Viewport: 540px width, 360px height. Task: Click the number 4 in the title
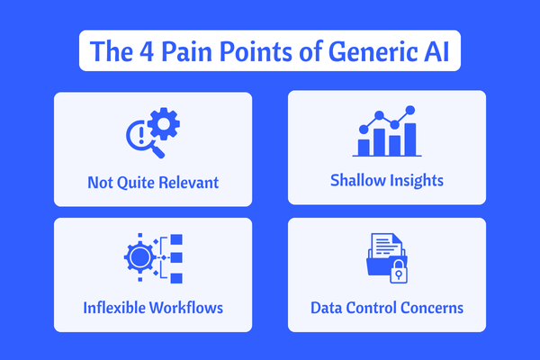147,52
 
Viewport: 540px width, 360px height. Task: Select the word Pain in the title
186,51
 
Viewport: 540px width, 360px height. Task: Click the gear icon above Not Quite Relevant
164,123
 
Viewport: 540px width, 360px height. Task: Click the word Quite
136,183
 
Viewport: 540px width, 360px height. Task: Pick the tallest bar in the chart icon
410,139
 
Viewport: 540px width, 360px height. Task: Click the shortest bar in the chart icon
364,148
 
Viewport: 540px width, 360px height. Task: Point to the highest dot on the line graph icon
410,110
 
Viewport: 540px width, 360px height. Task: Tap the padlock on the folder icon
399,272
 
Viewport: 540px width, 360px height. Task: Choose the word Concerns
432,308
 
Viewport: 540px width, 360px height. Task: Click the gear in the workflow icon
139,257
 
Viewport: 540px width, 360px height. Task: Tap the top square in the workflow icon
176,239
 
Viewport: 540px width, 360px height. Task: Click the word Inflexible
114,308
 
